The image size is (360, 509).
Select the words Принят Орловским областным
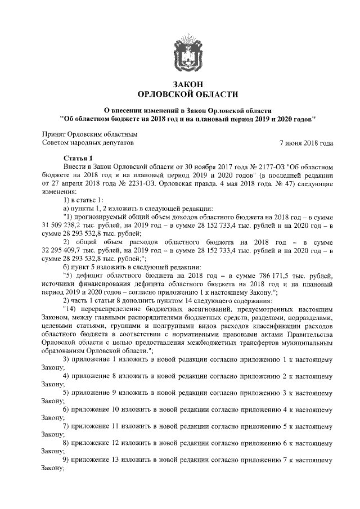coord(90,134)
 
